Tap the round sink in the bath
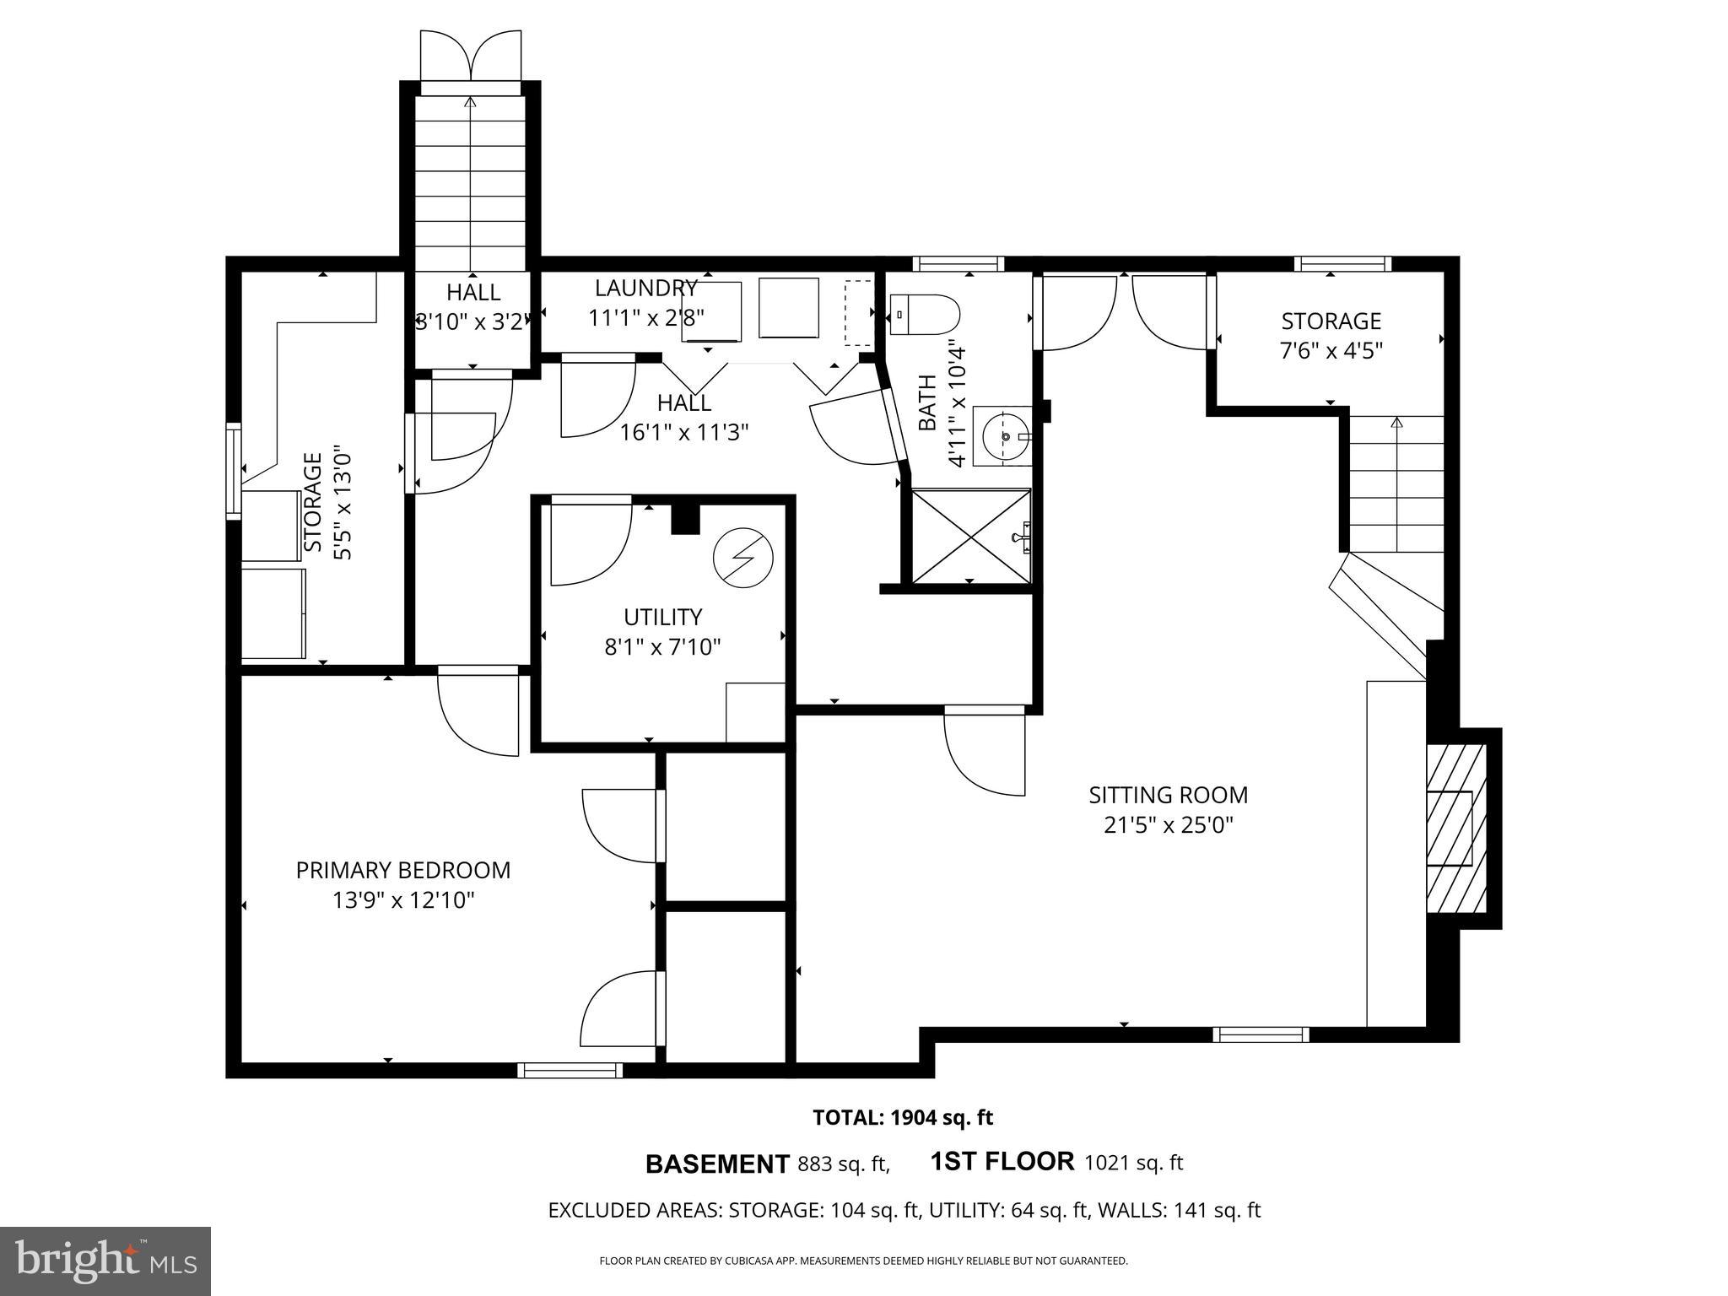click(1004, 435)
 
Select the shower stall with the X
click(970, 536)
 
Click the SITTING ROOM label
click(1168, 795)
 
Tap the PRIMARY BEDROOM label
click(402, 870)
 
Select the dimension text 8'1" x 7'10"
click(662, 647)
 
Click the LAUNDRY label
click(645, 288)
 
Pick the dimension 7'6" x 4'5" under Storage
click(1331, 350)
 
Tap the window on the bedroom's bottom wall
click(570, 1070)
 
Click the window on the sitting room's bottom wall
click(1261, 1034)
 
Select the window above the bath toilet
click(958, 264)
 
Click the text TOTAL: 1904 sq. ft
click(902, 1118)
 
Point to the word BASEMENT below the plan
click(716, 1164)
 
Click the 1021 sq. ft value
click(1133, 1163)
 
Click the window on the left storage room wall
click(234, 470)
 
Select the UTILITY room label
click(662, 617)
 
